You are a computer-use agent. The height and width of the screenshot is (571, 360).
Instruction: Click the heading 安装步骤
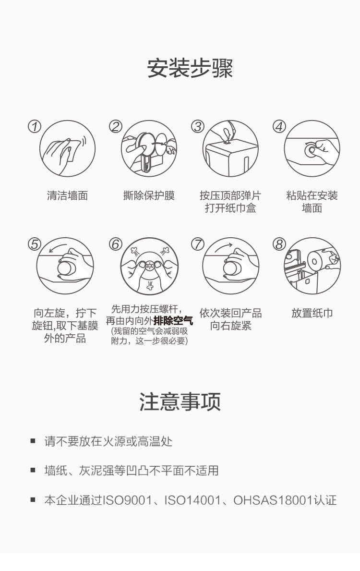pyautogui.click(x=190, y=68)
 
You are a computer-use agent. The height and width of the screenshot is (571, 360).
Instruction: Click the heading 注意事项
pyautogui.click(x=180, y=402)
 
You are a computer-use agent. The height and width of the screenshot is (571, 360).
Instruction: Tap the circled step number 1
pyautogui.click(x=35, y=126)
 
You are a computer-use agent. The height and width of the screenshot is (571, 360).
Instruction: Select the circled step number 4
pyautogui.click(x=279, y=126)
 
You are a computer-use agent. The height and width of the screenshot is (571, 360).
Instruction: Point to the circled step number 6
pyautogui.click(x=116, y=244)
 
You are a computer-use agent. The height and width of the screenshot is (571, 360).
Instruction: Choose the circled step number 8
pyautogui.click(x=279, y=244)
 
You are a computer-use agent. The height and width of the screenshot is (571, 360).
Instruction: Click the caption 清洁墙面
pyautogui.click(x=67, y=195)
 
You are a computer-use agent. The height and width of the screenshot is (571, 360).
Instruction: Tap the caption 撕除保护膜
pyautogui.click(x=149, y=195)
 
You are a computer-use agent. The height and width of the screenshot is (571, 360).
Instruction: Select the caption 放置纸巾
pyautogui.click(x=312, y=313)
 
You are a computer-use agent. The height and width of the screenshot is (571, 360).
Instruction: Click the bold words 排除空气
pyautogui.click(x=173, y=321)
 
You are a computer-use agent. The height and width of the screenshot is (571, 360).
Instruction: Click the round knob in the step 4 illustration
pyautogui.click(x=310, y=150)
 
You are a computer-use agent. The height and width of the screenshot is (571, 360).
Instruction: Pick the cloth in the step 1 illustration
pyautogui.click(x=74, y=150)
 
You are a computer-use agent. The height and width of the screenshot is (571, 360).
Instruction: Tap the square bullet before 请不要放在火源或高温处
pyautogui.click(x=33, y=441)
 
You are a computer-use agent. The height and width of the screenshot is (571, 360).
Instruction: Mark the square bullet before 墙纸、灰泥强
pyautogui.click(x=33, y=470)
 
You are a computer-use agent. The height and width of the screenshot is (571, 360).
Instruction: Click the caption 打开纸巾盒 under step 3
pyautogui.click(x=230, y=208)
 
